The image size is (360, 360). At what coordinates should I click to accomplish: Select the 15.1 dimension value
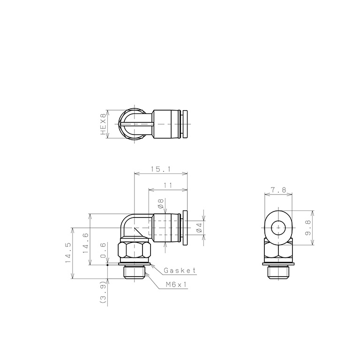pyautogui.click(x=161, y=169)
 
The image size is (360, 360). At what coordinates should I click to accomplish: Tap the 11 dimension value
pyautogui.click(x=168, y=185)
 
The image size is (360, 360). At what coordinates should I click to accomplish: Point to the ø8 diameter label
pyautogui.click(x=161, y=203)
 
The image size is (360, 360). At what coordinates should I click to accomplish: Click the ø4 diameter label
pyautogui.click(x=199, y=227)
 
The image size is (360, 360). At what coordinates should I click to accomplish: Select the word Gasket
pyautogui.click(x=180, y=270)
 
